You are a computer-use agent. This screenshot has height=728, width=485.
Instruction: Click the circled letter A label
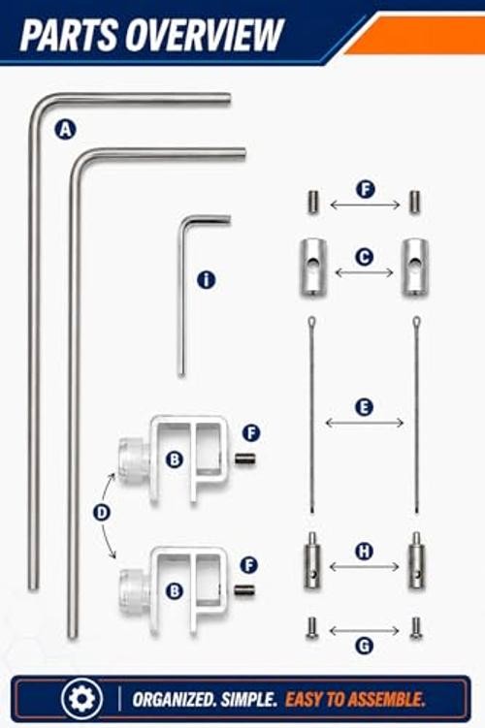click(66, 130)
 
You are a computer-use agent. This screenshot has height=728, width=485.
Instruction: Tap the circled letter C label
click(364, 257)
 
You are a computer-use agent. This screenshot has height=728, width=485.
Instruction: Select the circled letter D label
click(102, 513)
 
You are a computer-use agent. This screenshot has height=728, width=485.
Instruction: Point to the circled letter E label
click(364, 407)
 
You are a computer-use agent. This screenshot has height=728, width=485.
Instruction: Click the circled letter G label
click(364, 646)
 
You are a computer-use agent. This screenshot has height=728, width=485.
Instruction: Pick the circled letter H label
click(364, 552)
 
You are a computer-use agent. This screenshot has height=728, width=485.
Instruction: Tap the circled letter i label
click(207, 280)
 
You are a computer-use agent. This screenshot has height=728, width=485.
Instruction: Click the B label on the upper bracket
click(175, 459)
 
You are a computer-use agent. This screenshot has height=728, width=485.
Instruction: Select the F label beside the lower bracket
click(249, 565)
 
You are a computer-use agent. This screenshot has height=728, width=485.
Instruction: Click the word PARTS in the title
click(70, 35)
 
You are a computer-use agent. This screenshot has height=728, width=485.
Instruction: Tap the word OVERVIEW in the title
click(206, 35)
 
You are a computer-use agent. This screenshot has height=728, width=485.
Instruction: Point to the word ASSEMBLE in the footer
click(386, 700)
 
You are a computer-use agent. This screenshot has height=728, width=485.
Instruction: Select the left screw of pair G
click(311, 628)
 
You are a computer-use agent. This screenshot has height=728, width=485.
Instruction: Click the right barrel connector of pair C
click(415, 267)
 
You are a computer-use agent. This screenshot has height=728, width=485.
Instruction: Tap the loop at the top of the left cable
click(312, 321)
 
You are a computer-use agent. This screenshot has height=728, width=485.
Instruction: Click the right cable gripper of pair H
click(416, 561)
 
